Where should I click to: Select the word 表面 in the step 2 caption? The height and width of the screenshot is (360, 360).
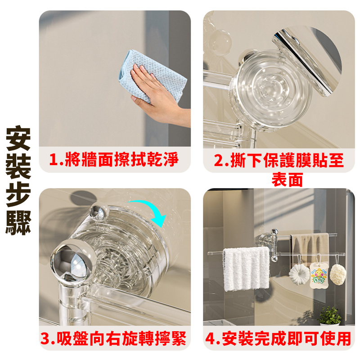(x=287, y=180)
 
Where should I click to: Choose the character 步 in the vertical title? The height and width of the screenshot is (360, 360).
(x=18, y=194)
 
